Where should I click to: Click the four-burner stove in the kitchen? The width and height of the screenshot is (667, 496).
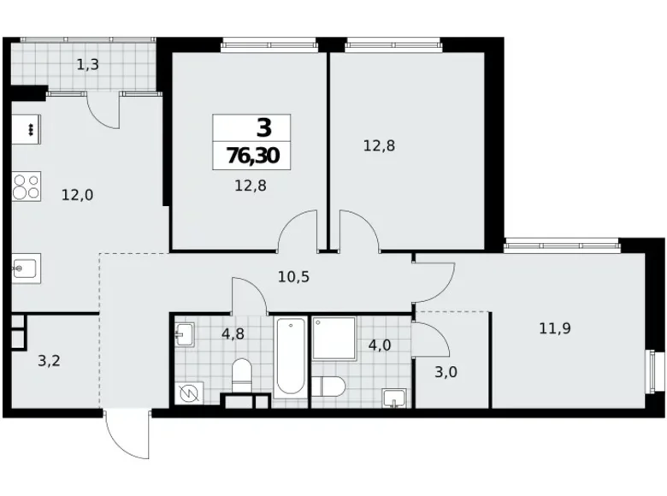click(27, 186)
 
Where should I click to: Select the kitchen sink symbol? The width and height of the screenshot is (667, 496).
click(24, 270)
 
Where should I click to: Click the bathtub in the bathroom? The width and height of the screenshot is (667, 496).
click(291, 357)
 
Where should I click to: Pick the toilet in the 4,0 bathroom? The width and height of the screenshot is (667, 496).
click(328, 386)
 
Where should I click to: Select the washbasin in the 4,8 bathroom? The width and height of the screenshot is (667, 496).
click(186, 333)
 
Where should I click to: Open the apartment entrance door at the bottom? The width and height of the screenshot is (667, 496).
click(127, 436)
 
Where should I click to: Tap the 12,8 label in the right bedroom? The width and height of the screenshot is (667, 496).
click(379, 145)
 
